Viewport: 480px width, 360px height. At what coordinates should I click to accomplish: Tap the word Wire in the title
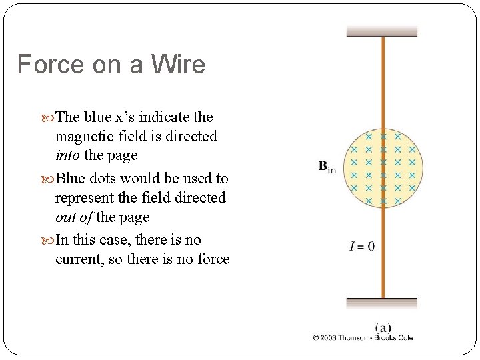coord(178,65)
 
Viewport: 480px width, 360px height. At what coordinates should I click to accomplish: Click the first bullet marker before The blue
coord(51,118)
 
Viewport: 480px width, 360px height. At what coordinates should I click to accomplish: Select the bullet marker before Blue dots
coord(51,179)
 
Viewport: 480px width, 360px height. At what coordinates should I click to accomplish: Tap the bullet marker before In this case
coord(51,241)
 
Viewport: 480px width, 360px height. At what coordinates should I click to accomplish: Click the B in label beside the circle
coord(327,166)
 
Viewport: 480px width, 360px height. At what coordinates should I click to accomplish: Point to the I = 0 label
coord(362,247)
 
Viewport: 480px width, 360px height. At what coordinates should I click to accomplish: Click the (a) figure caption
coord(383,327)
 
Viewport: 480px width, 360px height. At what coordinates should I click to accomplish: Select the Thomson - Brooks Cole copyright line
coord(363,338)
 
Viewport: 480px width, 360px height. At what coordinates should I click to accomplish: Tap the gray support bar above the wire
coord(381,31)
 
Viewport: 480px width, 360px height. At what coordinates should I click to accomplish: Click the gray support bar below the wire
coord(381,303)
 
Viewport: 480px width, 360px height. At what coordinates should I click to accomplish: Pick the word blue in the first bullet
coord(97,117)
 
